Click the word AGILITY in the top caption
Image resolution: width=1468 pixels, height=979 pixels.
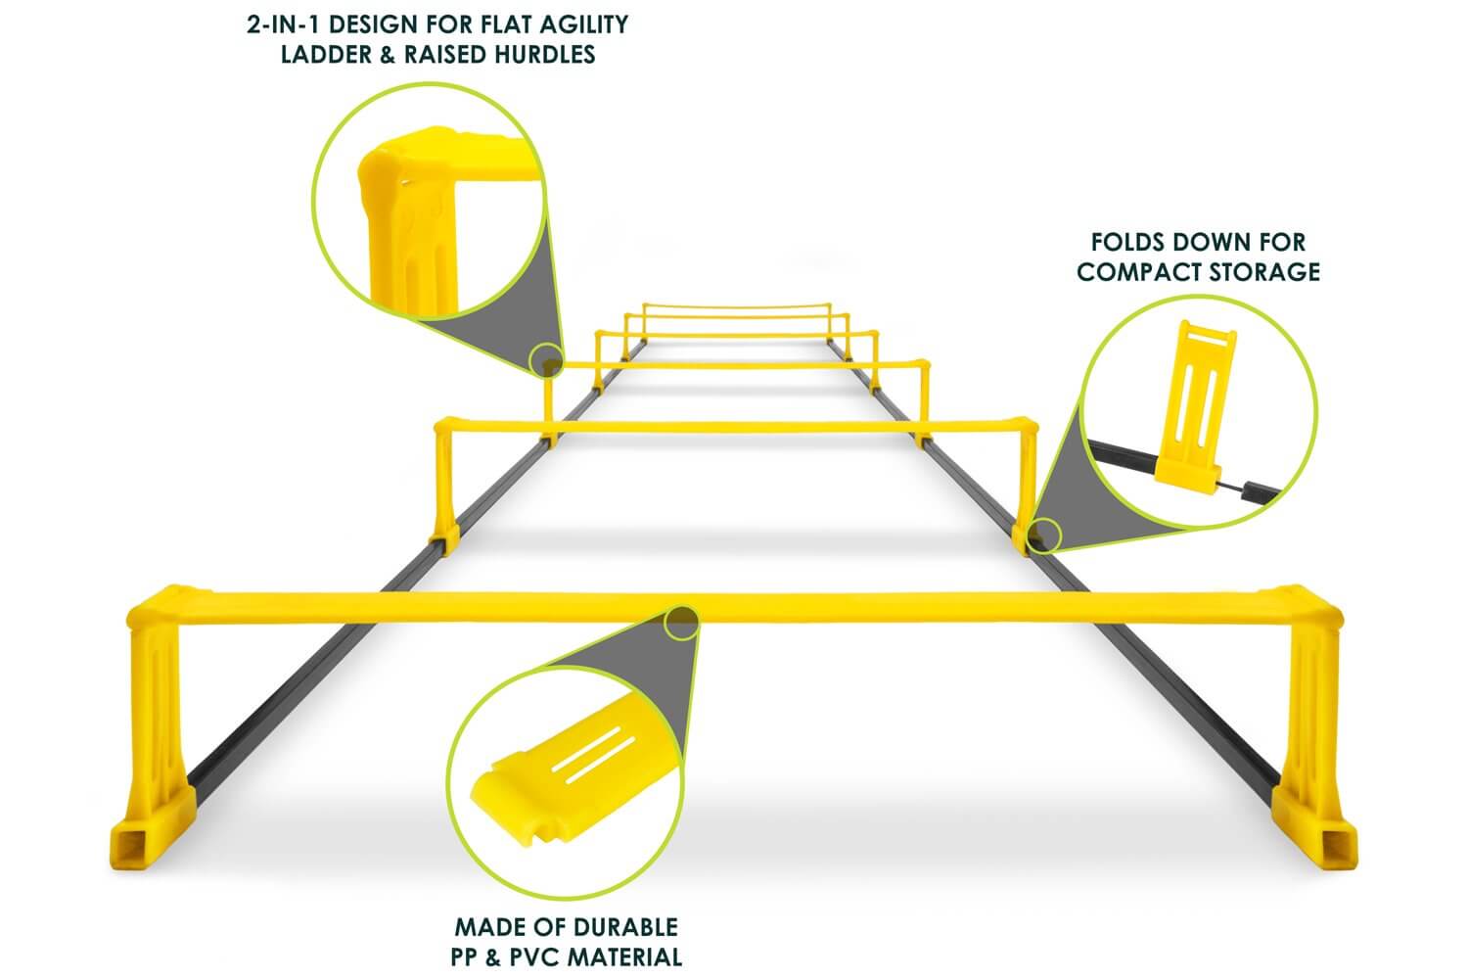point(583,24)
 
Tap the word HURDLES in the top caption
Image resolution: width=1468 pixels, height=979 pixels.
point(545,55)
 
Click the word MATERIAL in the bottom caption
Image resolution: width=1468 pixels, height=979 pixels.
point(624,957)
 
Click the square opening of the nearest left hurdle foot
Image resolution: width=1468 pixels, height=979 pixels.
point(129,845)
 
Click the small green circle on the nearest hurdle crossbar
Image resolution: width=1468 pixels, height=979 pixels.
point(681,623)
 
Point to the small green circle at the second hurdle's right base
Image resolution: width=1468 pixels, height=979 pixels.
point(1044,536)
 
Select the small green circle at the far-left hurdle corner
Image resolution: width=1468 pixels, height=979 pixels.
point(546,360)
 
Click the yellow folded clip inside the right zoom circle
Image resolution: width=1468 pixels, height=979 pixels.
point(1195,401)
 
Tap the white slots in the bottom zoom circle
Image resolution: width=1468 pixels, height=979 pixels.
point(593,754)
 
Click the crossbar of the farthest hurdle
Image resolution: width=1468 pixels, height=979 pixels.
point(737,305)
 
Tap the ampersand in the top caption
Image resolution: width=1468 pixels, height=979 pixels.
point(388,55)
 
